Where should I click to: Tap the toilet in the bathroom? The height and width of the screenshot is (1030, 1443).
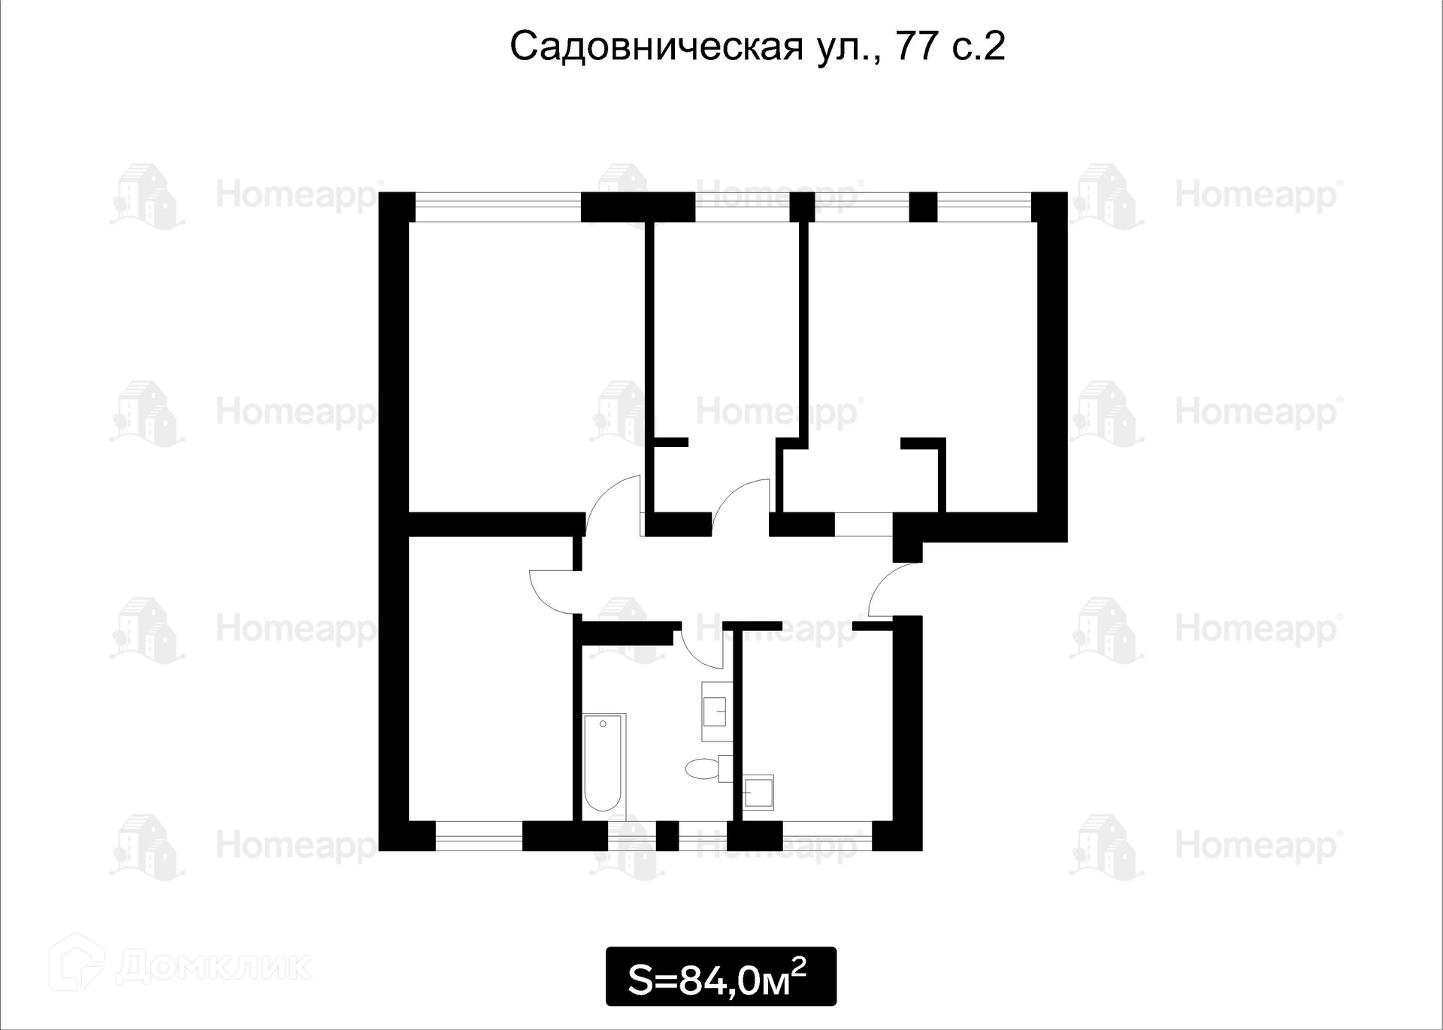tap(703, 769)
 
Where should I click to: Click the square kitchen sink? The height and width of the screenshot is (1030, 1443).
tap(758, 791)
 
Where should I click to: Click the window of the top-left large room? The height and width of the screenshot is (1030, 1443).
tap(498, 207)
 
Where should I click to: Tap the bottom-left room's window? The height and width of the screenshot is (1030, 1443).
tap(479, 835)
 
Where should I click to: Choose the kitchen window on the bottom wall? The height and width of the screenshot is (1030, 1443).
tap(827, 835)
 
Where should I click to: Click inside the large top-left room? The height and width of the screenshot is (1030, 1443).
tap(519, 361)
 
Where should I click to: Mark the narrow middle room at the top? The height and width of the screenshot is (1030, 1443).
tap(725, 331)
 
